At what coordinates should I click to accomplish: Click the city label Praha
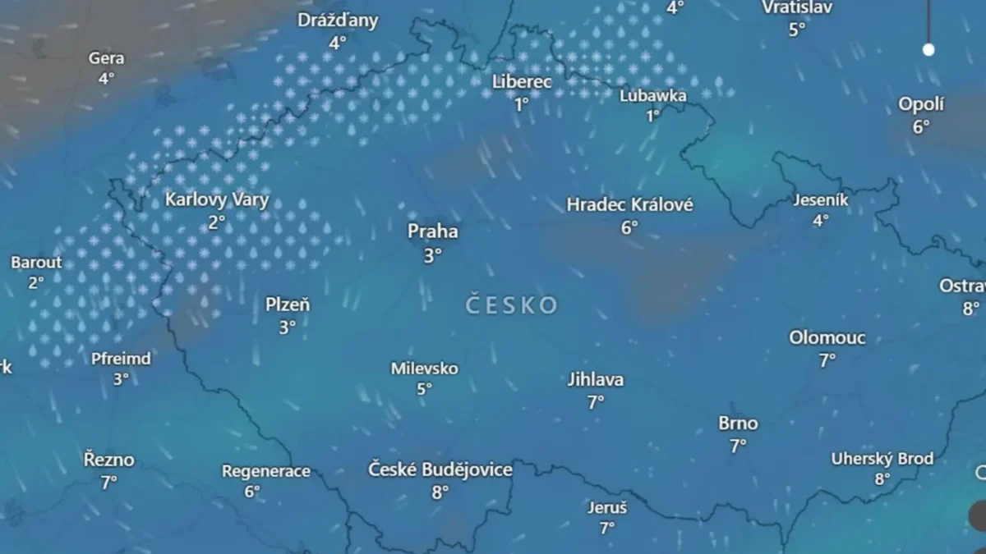coord(433,232)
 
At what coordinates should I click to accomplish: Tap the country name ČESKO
coord(511,306)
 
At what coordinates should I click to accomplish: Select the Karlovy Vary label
coord(217,200)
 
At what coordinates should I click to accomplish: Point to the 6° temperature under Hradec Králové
coord(629,227)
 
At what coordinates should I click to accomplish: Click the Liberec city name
coord(522,82)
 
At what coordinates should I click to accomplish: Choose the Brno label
coord(738,424)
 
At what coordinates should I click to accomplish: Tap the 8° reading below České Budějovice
coord(440,492)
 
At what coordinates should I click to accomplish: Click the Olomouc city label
coord(827,338)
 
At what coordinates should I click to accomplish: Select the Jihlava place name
coord(596,380)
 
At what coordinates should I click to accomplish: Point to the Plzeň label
coord(288,305)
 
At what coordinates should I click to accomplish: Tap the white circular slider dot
coord(928,49)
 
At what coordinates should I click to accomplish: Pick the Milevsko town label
coord(424,369)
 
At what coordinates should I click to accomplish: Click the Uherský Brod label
coord(882,459)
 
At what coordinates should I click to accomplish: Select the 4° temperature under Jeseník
coord(821,220)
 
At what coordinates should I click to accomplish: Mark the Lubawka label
coord(653,96)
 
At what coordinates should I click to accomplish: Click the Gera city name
coord(107,58)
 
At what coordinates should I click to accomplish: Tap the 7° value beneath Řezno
coord(108,483)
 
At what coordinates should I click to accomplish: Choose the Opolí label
coord(921,105)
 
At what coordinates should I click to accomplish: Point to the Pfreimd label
coord(121,359)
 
